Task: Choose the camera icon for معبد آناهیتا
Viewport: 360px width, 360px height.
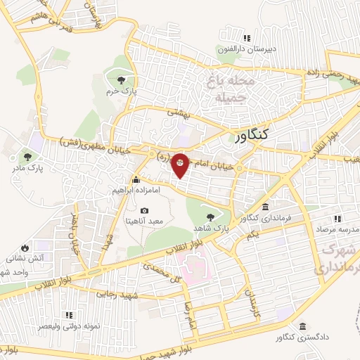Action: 144,210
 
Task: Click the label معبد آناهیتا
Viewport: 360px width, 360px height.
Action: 144,221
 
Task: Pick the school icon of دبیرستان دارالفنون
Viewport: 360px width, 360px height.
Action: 245,38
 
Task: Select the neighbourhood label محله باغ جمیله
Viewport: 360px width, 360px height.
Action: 229,89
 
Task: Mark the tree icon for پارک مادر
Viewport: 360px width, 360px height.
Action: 27,156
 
